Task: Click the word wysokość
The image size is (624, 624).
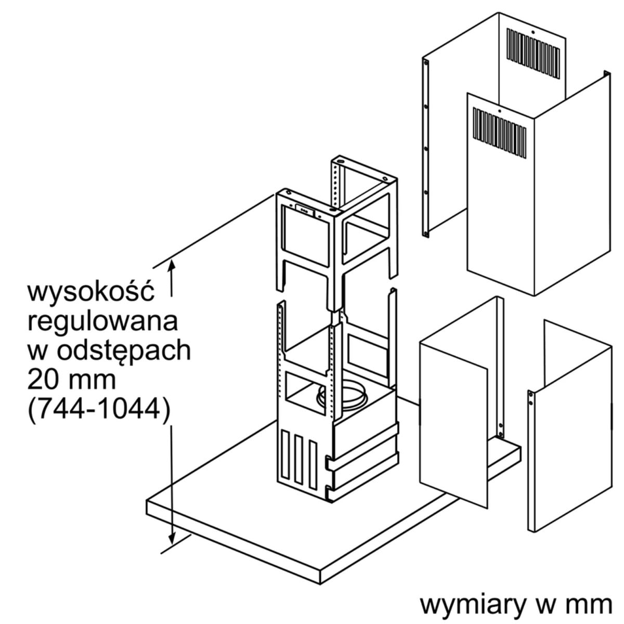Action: [91, 293]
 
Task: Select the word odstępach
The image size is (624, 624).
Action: [124, 352]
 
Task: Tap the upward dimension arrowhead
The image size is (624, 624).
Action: [172, 268]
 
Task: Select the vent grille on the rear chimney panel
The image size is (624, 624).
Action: [533, 54]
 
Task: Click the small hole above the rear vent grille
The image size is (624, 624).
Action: [533, 31]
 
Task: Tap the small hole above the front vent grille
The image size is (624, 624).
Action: [500, 111]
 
